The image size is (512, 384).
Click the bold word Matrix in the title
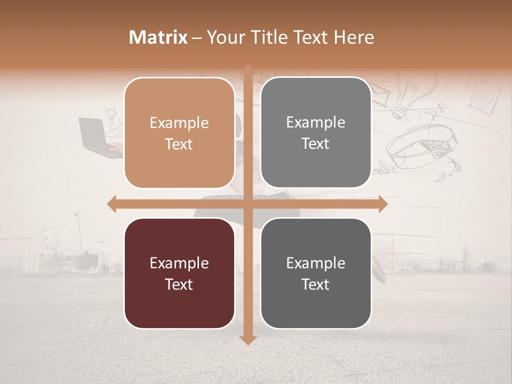pyautogui.click(x=158, y=37)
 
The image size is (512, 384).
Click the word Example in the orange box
pyautogui.click(x=179, y=123)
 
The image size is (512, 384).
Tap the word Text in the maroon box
pyautogui.click(x=179, y=284)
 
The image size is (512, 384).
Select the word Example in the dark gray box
pyautogui.click(x=316, y=263)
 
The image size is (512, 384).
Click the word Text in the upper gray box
pyautogui.click(x=316, y=144)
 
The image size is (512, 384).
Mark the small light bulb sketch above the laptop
pyautogui.click(x=111, y=114)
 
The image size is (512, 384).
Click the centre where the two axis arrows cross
pyautogui.click(x=247, y=204)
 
